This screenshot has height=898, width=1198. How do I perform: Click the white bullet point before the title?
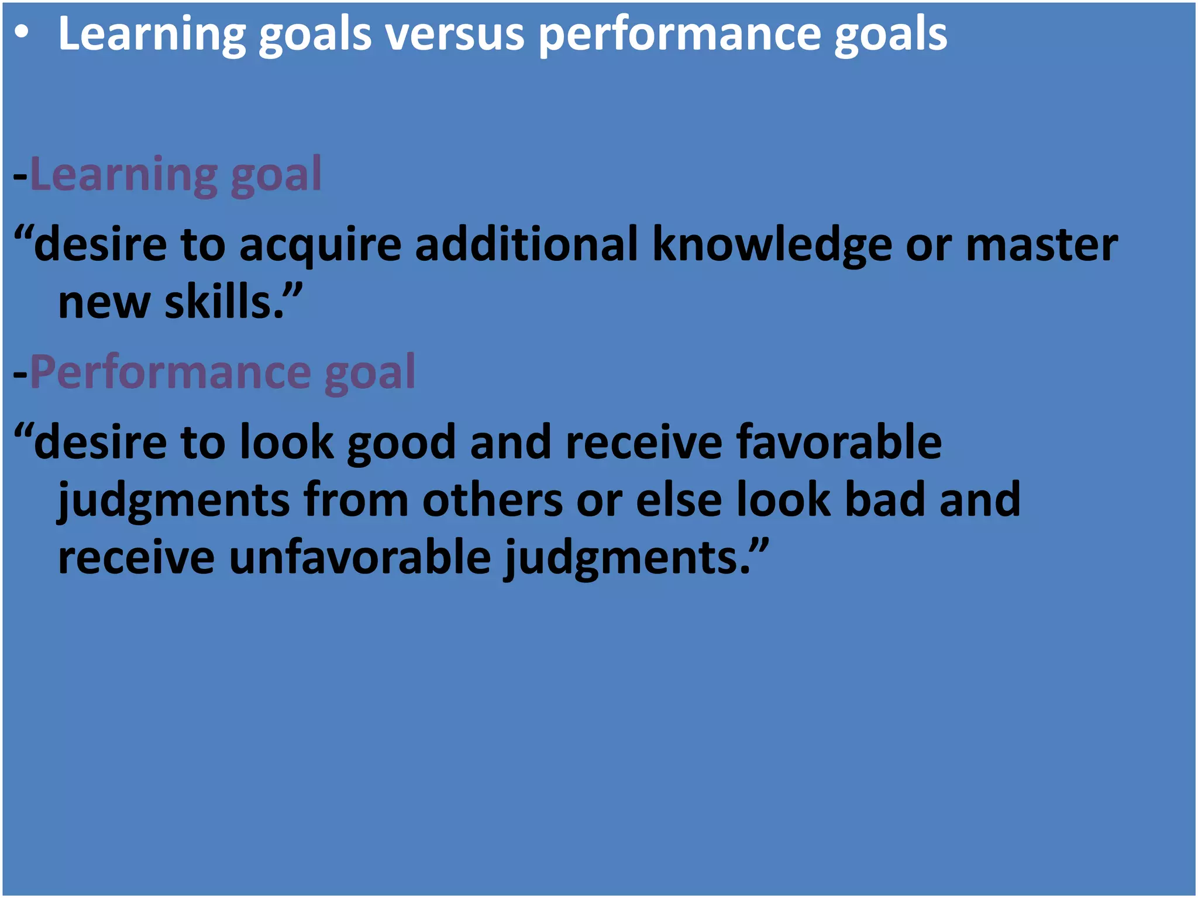pos(22,34)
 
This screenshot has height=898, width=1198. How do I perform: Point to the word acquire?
pos(320,246)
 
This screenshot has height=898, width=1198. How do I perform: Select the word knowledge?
pos(772,246)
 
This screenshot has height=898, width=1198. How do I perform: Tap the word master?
pos(1041,246)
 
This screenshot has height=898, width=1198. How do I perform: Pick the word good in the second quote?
pos(401,443)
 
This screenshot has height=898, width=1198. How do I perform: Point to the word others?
pos(492,500)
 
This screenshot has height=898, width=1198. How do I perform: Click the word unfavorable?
pos(359,558)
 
